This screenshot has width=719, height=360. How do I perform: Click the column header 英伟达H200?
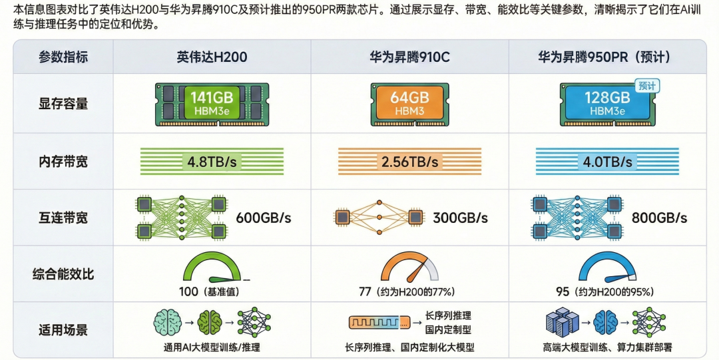[212, 57]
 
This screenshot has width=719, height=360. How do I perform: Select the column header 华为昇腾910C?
[409, 57]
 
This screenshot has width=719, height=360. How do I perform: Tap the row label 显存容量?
[63, 104]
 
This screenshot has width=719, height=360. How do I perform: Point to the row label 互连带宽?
[63, 218]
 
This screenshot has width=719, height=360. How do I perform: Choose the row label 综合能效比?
[63, 273]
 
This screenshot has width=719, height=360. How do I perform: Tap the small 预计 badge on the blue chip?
[647, 85]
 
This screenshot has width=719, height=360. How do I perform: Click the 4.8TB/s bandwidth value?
[211, 162]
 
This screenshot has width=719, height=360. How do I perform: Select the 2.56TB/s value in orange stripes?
[409, 162]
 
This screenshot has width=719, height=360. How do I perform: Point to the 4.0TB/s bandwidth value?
[608, 162]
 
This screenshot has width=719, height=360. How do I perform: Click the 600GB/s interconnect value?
[264, 218]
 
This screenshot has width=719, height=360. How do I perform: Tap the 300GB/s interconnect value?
[461, 218]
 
